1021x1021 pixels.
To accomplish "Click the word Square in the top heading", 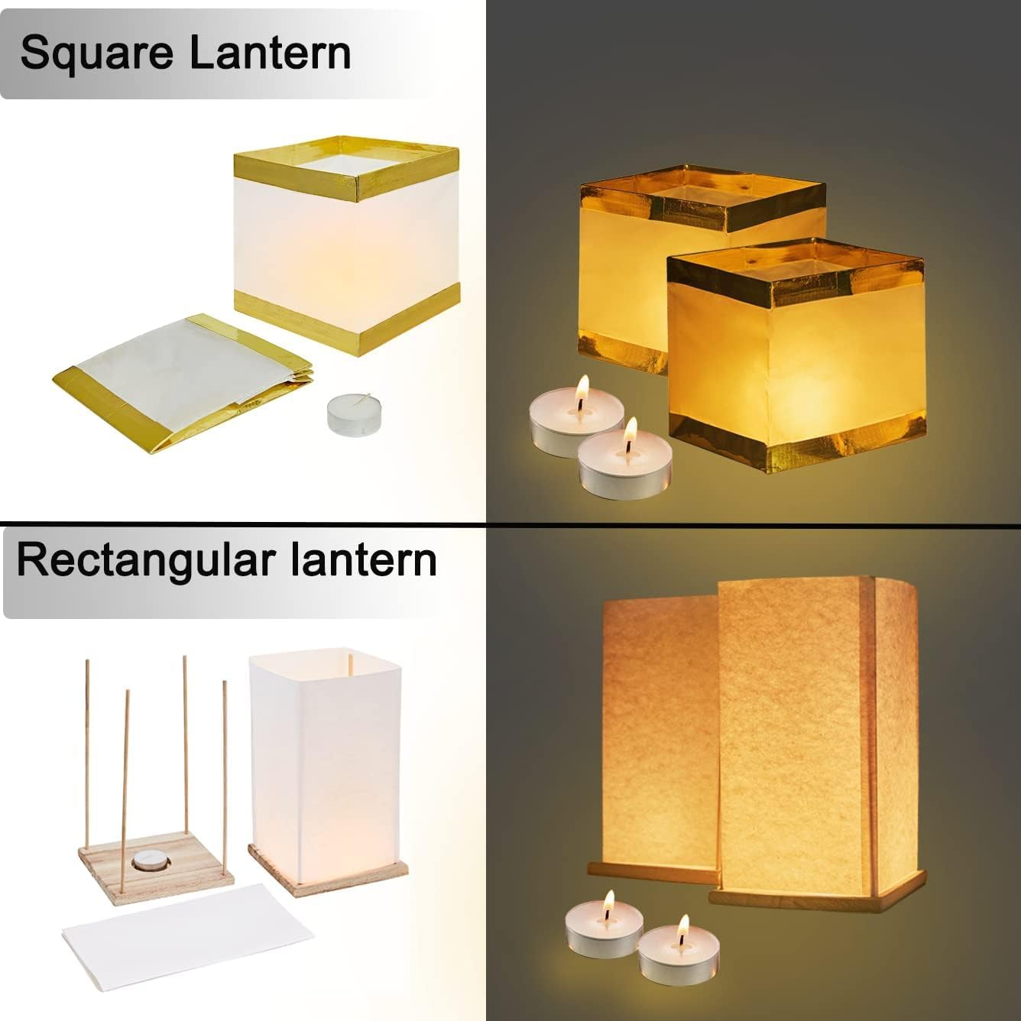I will pos(96,53).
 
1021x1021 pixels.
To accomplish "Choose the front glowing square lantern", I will pos(795,359).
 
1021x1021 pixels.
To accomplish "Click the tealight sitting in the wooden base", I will pos(147,861).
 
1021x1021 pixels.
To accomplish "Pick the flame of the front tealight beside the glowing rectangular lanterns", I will pos(682,928).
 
